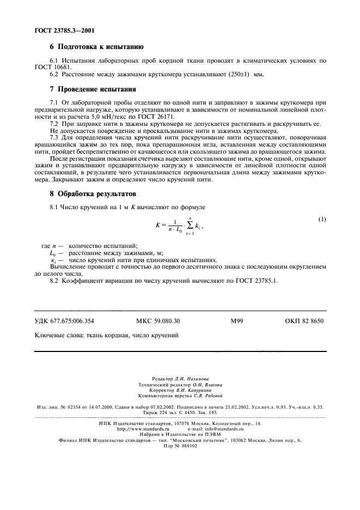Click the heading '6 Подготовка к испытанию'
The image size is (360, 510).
point(96,47)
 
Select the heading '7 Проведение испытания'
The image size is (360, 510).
point(93,89)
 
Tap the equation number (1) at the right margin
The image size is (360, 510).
point(322,220)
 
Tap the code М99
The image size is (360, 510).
point(236,321)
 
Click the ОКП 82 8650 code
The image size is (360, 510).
point(304,321)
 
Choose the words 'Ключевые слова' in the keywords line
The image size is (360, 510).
point(58,336)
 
